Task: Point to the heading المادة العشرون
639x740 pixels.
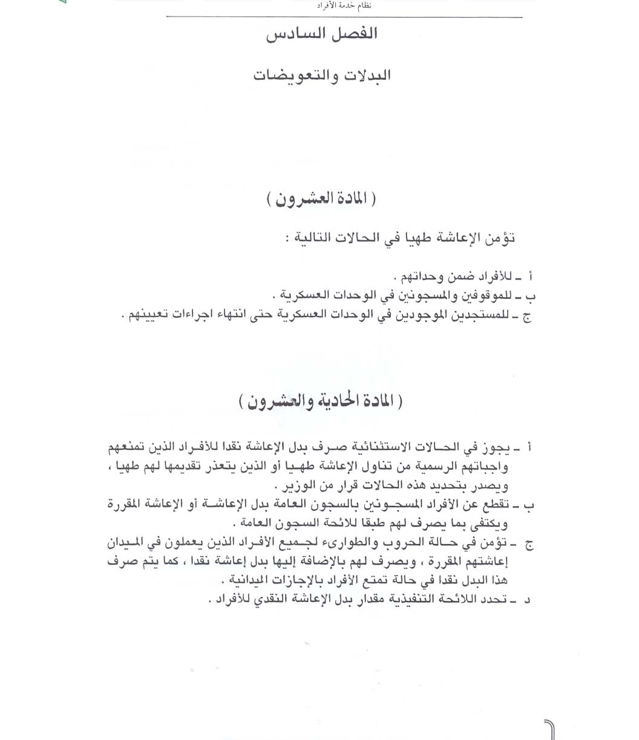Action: (321, 200)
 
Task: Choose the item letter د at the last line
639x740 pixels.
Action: (528, 600)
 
